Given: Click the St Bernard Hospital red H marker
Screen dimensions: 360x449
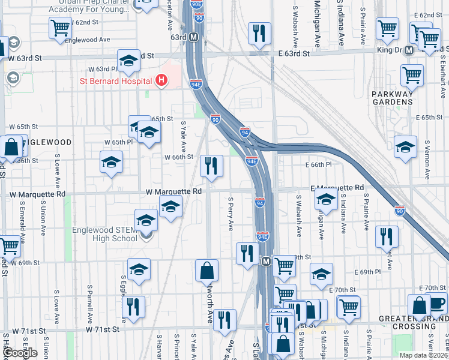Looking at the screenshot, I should point(160,80).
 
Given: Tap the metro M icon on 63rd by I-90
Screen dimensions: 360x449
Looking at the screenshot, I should point(194,37).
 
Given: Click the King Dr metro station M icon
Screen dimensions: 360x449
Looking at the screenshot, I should point(408,50).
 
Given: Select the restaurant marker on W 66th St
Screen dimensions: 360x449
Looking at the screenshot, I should point(211,166).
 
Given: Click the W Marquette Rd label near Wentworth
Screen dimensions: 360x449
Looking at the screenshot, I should point(173,191).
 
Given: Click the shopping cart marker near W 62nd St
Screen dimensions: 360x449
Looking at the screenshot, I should point(60,28).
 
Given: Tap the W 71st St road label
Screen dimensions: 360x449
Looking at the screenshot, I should point(103,329).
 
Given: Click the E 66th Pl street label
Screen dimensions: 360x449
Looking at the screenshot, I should point(318,164).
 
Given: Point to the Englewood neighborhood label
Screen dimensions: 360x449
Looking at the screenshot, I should point(49,143).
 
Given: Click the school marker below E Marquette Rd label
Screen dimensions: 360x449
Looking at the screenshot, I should point(325,200).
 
